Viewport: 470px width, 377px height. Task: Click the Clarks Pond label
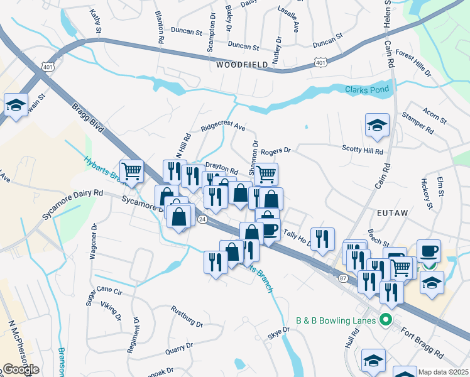[368, 89]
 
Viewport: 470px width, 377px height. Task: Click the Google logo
[20, 369]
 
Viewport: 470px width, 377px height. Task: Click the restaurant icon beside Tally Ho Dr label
[322, 239]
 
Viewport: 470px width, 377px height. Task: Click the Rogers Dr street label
[276, 151]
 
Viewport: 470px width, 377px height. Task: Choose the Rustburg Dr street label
[187, 317]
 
